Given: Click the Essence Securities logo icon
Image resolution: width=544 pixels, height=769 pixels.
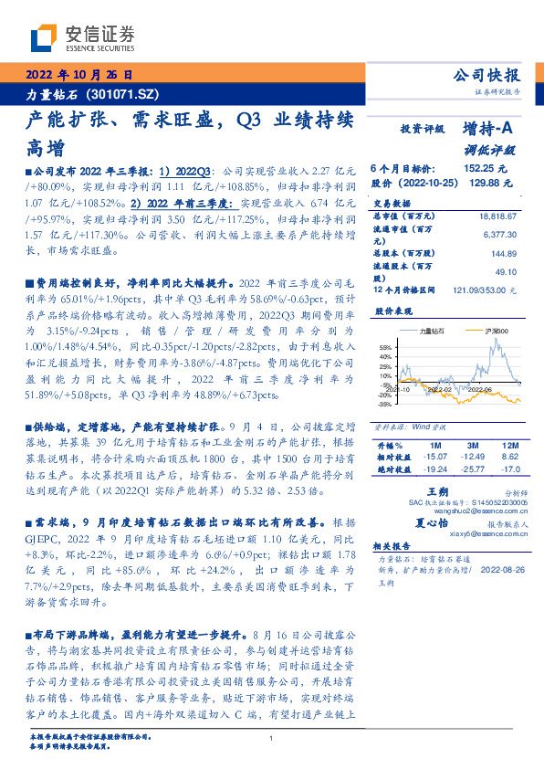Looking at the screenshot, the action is pyautogui.click(x=46, y=36).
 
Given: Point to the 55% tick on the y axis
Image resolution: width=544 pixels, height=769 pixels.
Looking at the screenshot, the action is pyautogui.click(x=384, y=347).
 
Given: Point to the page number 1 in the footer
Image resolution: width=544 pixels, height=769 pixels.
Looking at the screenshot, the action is pyautogui.click(x=272, y=739).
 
